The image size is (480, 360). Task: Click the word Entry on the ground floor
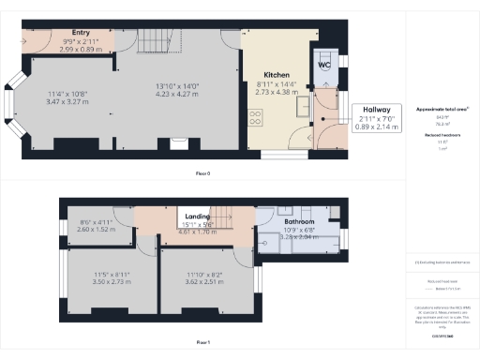pos(67,30)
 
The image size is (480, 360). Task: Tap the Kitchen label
pos(275,74)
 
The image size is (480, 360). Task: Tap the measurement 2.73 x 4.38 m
pos(275,94)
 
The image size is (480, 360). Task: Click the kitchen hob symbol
pos(253,117)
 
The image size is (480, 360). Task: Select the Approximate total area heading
pos(441,110)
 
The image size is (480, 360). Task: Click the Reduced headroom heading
pos(441,136)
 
